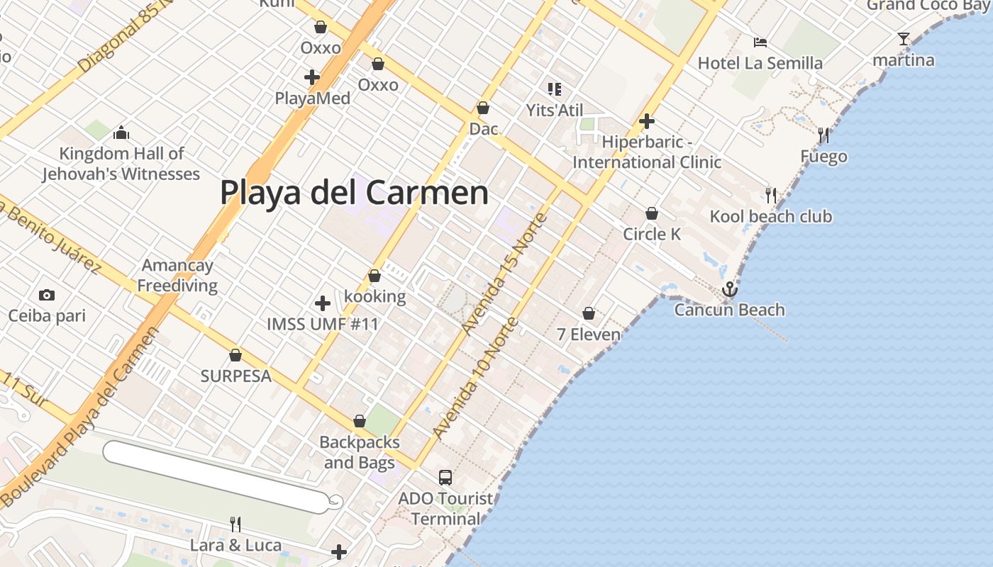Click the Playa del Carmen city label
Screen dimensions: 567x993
354,192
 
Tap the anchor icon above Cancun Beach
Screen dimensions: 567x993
729,289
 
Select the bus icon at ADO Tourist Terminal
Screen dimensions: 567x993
445,478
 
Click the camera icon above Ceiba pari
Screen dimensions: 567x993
47,295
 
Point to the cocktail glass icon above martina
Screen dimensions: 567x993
903,39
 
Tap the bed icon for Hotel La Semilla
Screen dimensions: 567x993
760,43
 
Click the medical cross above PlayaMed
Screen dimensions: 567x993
312,77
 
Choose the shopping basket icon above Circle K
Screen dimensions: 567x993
651,213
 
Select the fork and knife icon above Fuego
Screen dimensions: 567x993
823,135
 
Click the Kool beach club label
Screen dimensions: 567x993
770,216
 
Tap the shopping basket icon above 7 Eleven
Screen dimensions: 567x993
589,313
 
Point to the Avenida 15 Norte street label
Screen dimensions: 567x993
504,272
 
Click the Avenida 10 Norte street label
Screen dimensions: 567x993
475,379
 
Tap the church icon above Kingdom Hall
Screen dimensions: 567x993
121,133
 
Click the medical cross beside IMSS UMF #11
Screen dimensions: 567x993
323,303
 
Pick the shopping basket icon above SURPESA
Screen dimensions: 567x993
235,355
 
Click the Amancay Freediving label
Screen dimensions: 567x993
177,275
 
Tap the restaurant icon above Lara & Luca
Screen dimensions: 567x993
235,524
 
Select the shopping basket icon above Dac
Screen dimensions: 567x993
483,108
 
